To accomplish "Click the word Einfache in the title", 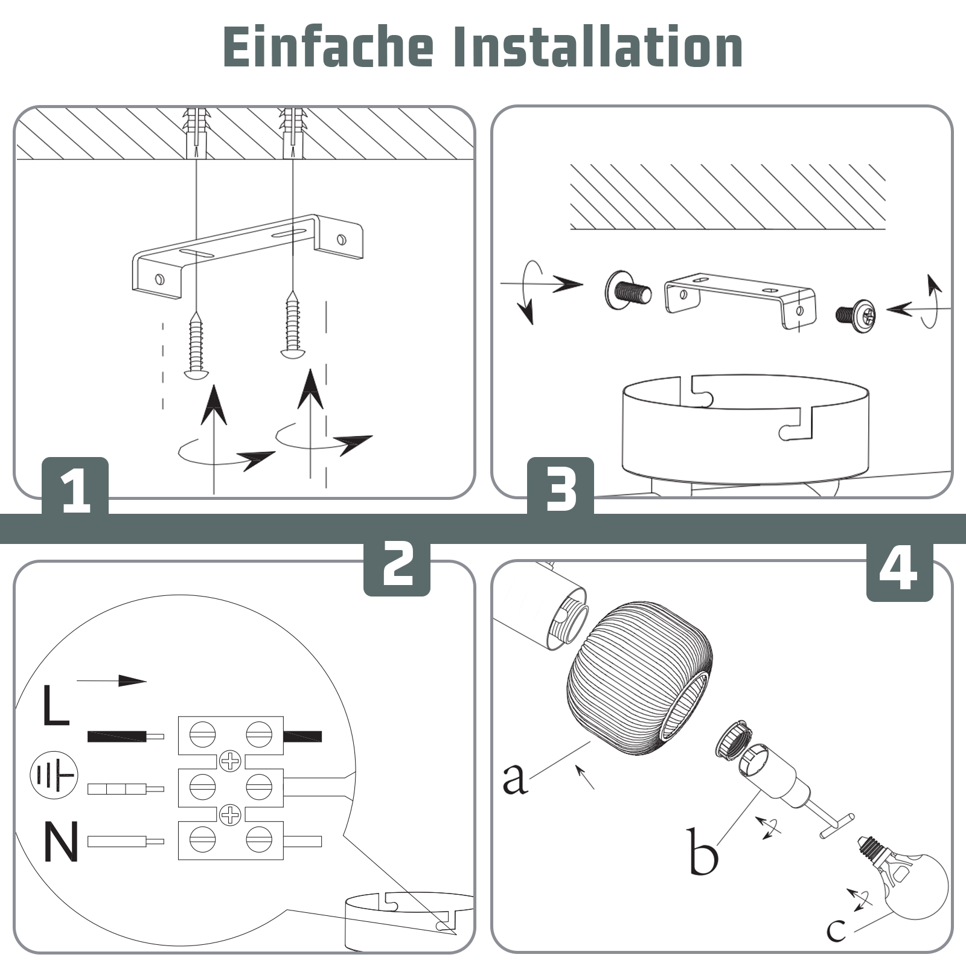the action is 328,47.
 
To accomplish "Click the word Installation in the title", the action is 598,47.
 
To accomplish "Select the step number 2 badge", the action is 397,565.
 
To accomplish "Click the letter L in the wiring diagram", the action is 56,705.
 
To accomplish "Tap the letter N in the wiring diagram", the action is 61,841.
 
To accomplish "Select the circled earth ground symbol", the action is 54,775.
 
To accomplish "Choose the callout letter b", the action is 703,851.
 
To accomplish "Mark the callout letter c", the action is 836,930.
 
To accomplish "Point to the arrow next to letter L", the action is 112,681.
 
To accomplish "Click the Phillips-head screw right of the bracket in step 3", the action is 856,314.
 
